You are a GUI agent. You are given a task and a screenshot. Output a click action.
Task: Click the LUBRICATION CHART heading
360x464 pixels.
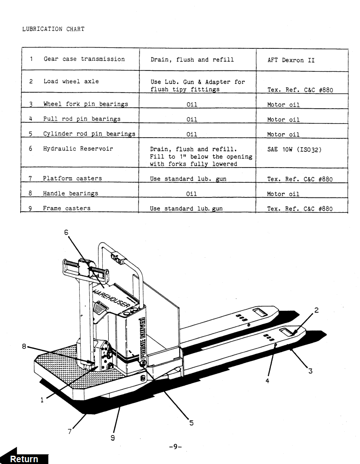[53, 29]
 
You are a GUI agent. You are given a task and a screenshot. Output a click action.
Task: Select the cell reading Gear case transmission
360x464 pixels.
[84, 59]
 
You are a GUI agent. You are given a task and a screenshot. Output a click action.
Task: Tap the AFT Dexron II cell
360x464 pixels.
[291, 60]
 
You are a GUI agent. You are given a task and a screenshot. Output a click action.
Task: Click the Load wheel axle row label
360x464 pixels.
[71, 81]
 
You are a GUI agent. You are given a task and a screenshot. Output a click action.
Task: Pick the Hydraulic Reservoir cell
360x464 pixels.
[78, 149]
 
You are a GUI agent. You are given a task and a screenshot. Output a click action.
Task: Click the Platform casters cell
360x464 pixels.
[72, 178]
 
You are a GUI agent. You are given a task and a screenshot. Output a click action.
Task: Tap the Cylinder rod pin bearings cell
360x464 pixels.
[89, 134]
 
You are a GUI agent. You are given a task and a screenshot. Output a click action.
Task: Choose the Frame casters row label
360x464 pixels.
[66, 208]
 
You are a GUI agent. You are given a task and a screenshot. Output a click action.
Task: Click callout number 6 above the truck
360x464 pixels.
[66, 232]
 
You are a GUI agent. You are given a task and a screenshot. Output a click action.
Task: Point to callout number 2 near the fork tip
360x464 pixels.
[316, 310]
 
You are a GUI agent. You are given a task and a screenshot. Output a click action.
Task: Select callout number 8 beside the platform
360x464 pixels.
[24, 347]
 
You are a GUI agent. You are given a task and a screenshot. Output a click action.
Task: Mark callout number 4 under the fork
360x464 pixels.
[267, 381]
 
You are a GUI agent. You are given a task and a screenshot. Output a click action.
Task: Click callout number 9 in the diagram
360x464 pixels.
[113, 437]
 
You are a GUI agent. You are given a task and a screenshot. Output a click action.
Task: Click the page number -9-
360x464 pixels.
[176, 447]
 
